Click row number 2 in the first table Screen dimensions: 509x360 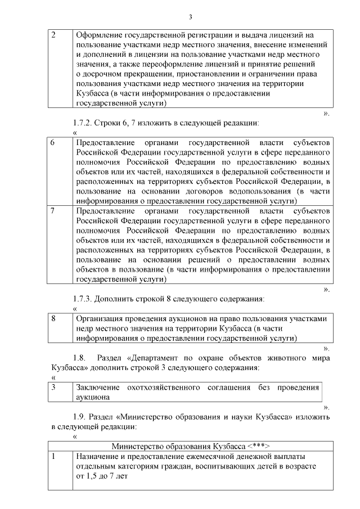pyautogui.click(x=53, y=35)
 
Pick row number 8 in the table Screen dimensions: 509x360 pyautogui.click(x=53, y=318)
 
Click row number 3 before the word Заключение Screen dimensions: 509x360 pyautogui.click(x=53, y=388)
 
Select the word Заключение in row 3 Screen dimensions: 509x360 pyautogui.click(x=98, y=388)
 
